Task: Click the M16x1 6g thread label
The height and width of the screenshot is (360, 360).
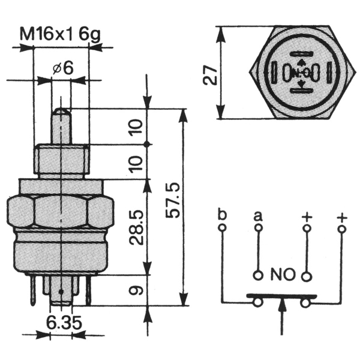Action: tap(61, 35)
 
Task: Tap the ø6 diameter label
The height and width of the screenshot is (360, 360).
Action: tap(62, 68)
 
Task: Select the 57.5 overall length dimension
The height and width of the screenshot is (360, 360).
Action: tap(173, 200)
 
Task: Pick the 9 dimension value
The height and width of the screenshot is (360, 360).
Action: tap(136, 290)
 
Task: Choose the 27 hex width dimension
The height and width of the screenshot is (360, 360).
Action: tap(210, 75)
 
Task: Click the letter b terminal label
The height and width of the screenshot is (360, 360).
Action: tap(222, 214)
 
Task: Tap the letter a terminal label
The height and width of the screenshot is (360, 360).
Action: tap(258, 216)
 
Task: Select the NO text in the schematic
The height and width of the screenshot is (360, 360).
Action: tap(282, 274)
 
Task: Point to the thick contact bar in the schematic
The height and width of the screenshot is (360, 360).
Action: tap(281, 296)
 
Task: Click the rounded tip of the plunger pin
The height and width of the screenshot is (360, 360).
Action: tap(61, 112)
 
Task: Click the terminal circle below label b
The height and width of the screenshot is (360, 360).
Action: tap(222, 228)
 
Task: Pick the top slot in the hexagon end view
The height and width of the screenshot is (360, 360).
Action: tap(301, 54)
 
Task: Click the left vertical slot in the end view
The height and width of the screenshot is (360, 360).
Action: tap(274, 73)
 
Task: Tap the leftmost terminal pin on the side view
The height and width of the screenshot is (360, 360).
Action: tap(33, 290)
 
